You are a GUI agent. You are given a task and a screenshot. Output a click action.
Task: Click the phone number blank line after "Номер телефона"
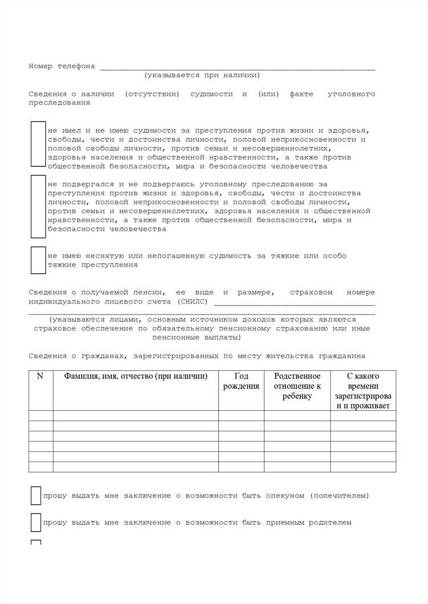[x=237, y=67]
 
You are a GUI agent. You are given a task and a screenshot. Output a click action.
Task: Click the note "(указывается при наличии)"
[x=202, y=75]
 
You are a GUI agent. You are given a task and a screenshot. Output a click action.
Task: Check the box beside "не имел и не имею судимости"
[x=38, y=144]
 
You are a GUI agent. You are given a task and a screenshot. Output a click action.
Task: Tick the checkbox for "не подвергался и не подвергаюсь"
[x=38, y=206]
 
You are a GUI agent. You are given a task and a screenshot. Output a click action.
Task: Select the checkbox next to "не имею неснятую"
[x=38, y=260]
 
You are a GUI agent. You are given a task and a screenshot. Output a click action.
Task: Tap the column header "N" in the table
[x=41, y=377]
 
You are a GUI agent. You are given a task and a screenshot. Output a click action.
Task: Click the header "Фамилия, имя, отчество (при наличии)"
[x=136, y=377]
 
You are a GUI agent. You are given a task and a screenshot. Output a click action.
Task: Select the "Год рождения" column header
[x=241, y=381]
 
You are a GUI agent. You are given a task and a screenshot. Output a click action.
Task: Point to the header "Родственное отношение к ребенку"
[x=297, y=386]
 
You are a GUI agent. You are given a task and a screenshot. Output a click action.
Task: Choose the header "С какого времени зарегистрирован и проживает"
[x=363, y=391]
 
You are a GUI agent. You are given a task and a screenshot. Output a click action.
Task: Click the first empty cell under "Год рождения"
[x=241, y=415]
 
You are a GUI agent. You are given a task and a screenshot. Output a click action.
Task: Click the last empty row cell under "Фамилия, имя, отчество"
[x=136, y=467]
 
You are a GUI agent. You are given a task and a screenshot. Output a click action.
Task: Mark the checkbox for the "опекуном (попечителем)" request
[x=36, y=496]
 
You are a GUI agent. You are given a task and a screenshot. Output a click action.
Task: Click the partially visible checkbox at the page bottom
[x=36, y=542]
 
